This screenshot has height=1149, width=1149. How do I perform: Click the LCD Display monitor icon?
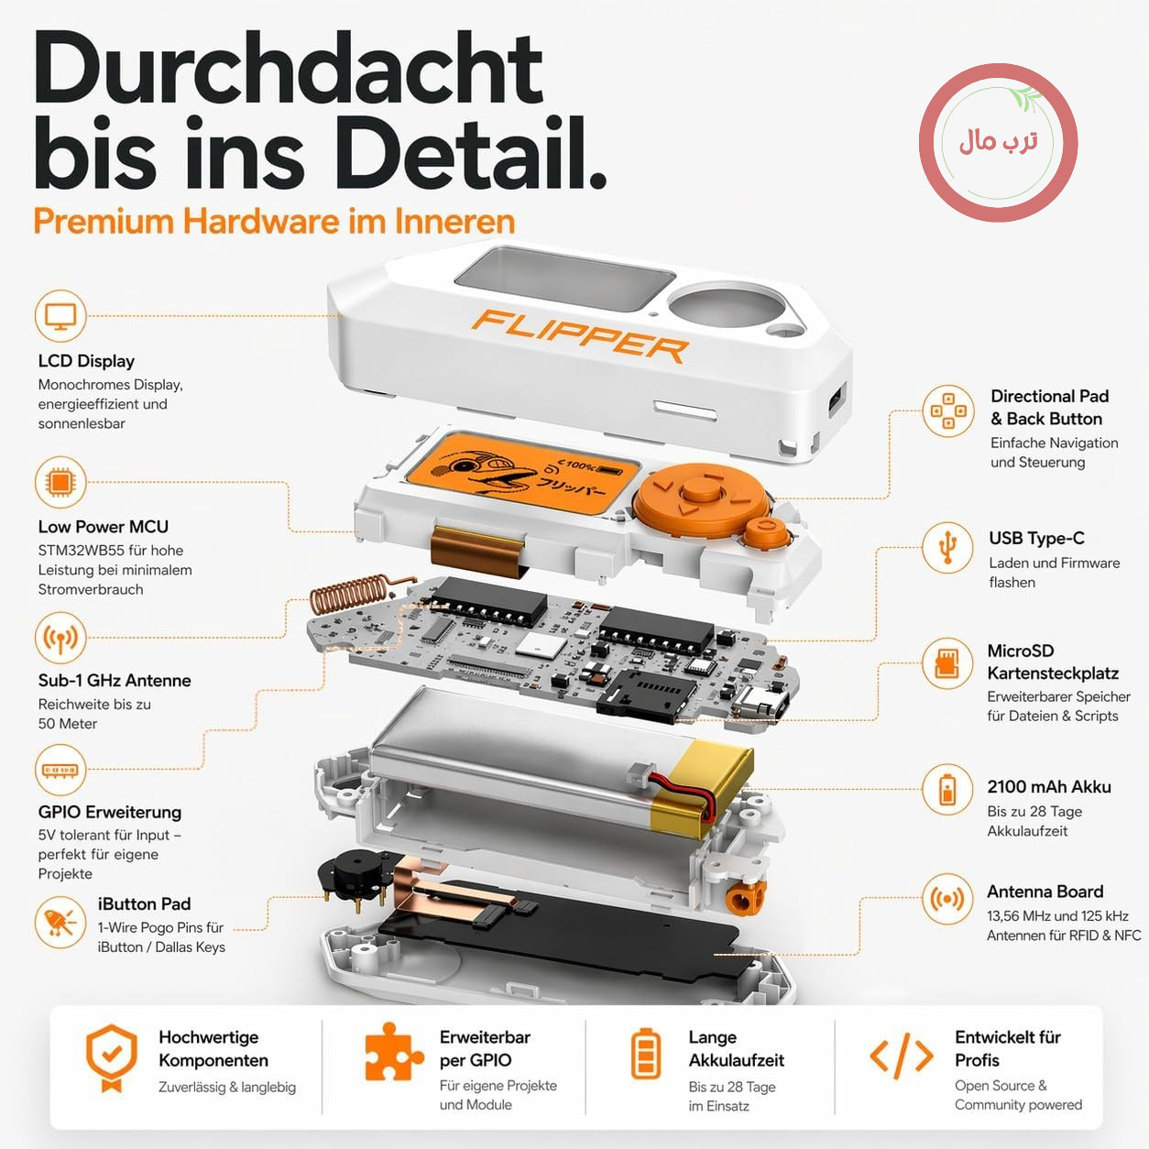pos(60,315)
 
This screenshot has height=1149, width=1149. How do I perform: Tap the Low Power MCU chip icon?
pos(60,482)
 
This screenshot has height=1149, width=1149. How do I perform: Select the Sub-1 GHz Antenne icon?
pos(60,638)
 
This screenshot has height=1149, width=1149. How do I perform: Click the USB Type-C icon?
pos(947,547)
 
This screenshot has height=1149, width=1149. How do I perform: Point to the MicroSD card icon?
pos(947,663)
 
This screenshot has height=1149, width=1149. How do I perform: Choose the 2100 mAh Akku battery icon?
pos(947,790)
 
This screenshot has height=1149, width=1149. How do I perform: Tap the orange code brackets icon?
pos(901,1056)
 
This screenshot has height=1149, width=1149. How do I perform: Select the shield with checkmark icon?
pos(112,1057)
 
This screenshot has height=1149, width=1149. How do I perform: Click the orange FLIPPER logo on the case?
pos(580,335)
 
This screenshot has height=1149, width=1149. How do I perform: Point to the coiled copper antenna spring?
pos(357,594)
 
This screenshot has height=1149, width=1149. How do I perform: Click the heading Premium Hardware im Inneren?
pos(274,221)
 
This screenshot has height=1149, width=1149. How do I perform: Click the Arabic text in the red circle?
pos(998,142)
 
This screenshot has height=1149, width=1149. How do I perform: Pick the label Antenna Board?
pos(1045,892)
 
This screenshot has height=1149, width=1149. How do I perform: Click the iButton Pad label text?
pos(144,904)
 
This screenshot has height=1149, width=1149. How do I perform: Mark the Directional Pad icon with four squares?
pos(947,410)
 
